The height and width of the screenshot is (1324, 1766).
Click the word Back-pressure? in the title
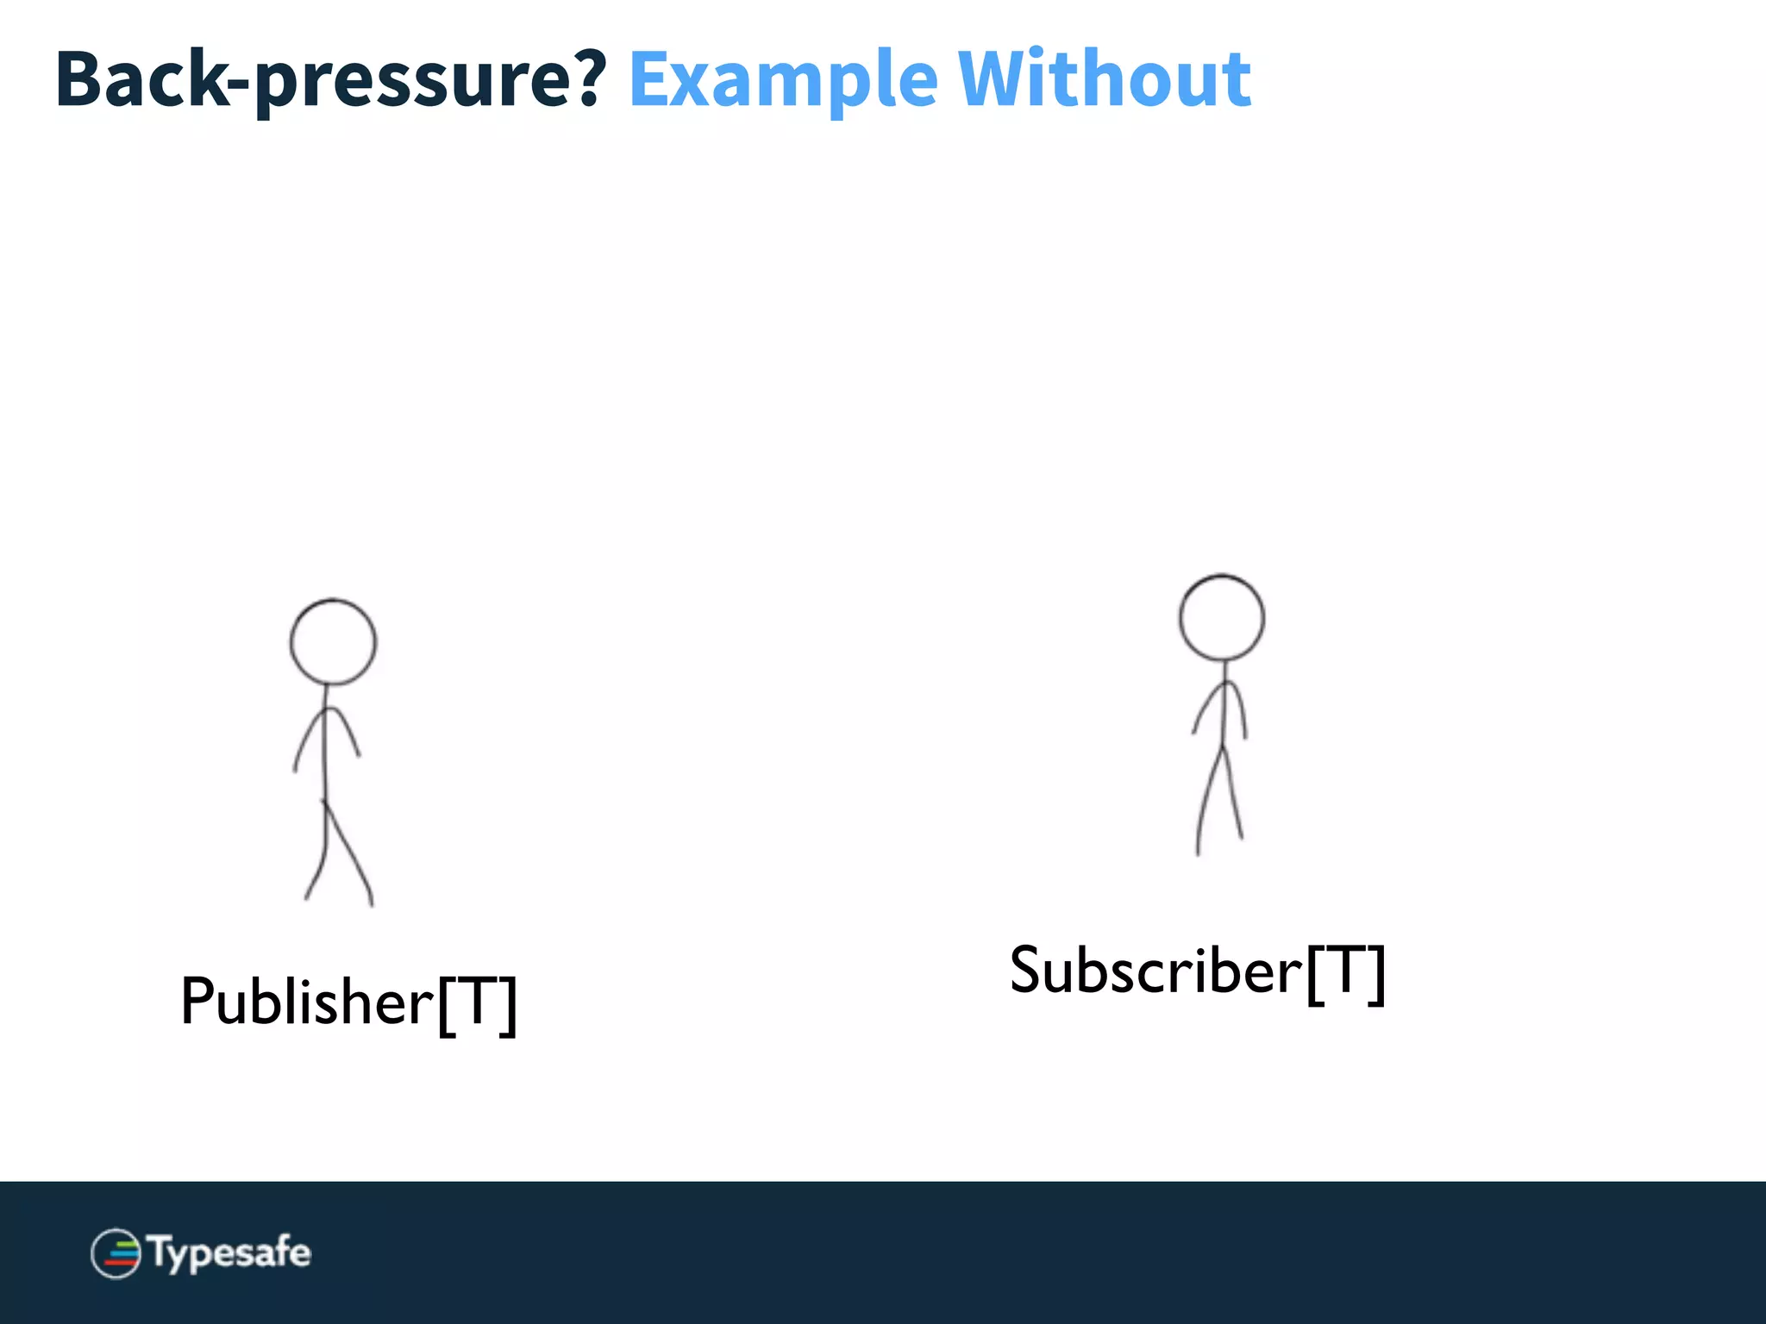point(331,79)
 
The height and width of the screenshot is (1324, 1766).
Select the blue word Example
point(783,79)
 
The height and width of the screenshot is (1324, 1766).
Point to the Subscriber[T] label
point(1197,971)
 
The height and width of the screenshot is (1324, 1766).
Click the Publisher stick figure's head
point(333,642)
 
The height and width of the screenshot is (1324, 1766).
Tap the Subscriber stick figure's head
point(1222,618)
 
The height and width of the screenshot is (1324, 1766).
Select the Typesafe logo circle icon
point(116,1253)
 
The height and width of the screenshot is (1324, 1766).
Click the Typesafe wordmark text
point(229,1252)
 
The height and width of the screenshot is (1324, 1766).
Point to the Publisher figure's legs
point(338,853)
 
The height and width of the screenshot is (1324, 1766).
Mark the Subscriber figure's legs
point(1220,802)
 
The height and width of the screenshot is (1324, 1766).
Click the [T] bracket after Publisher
point(478,1003)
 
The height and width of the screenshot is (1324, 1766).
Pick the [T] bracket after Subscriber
point(1346,973)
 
